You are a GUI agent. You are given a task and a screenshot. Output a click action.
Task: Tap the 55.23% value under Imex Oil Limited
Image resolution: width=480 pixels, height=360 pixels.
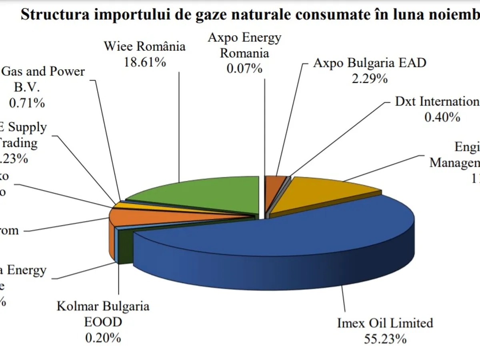coord(385,339)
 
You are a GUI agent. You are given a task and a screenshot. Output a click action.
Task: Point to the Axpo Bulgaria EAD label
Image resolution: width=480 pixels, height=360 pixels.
coord(370,63)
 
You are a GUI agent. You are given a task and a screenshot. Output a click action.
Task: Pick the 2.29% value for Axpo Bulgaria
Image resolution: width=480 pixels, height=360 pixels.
coord(370,78)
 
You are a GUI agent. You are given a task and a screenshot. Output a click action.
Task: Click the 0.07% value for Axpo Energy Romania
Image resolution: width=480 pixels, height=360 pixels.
coord(244,68)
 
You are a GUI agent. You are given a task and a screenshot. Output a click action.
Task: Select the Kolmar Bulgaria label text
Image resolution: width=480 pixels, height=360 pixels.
coord(103,306)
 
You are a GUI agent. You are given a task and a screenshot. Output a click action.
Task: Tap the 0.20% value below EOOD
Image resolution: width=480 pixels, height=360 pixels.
coord(103,338)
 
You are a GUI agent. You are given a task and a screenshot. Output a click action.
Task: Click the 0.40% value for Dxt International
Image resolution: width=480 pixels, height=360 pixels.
coord(442,117)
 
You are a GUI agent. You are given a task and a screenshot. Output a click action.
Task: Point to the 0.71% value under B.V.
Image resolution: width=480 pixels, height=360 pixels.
coord(27,103)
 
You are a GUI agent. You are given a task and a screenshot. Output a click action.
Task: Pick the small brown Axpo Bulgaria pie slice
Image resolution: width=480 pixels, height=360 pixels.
coord(275,182)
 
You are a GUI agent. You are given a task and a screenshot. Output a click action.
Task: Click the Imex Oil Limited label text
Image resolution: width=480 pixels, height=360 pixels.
coord(385,323)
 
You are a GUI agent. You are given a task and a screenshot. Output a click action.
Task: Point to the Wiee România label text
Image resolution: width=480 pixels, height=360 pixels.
coord(145,46)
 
